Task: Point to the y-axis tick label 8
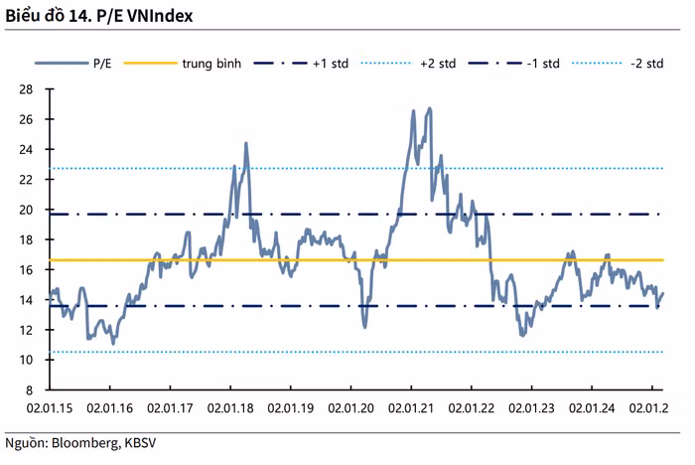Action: click(29, 390)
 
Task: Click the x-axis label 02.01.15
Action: click(51, 407)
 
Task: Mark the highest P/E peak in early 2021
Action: click(429, 108)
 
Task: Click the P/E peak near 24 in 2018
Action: click(245, 144)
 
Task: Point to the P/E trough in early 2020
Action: click(364, 326)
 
